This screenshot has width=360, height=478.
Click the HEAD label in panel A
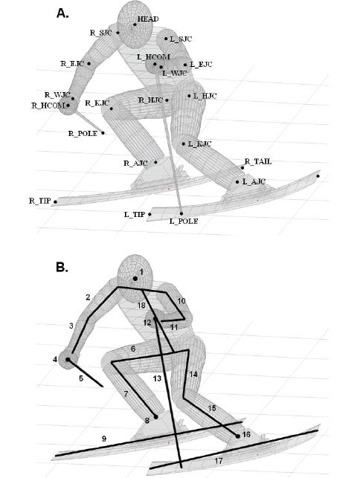click(x=148, y=19)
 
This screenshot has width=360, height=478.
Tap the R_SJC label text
click(x=100, y=33)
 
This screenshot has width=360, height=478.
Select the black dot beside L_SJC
click(x=166, y=39)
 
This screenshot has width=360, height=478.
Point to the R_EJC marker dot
click(x=89, y=64)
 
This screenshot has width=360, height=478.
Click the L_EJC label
click(x=201, y=65)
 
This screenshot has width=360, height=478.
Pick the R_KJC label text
click(x=97, y=103)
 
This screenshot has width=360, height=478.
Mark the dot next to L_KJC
click(x=184, y=144)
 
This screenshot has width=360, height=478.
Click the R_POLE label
click(x=83, y=134)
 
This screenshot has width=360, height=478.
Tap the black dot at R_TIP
click(x=55, y=201)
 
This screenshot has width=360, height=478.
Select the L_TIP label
click(x=134, y=215)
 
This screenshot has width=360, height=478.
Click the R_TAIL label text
click(x=258, y=161)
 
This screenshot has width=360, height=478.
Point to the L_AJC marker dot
click(x=237, y=182)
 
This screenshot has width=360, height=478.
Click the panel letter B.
click(x=62, y=268)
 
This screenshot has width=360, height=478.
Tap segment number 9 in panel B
click(x=104, y=439)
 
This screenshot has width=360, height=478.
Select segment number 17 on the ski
click(x=219, y=461)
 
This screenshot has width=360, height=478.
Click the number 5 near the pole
click(x=81, y=379)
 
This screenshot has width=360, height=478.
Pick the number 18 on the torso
click(x=141, y=305)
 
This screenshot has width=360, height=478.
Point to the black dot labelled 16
click(x=238, y=436)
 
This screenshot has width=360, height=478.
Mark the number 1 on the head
click(x=141, y=272)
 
